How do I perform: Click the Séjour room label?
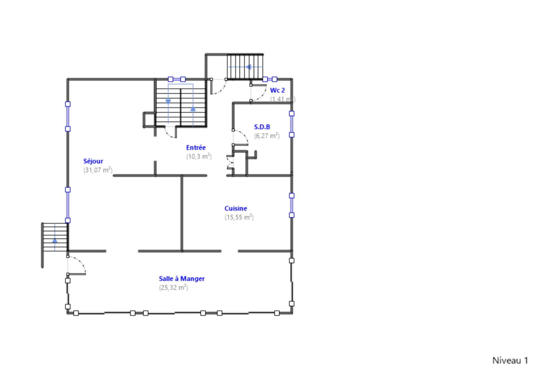93,161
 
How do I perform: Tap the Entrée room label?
196,148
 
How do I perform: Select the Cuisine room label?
236,208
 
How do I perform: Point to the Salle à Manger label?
181,278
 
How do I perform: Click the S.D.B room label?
262,127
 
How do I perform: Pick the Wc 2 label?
277,90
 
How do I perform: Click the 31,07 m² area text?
98,170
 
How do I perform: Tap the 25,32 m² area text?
174,287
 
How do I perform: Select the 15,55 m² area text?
239,217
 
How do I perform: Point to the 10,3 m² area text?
199,157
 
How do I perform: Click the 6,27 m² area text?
267,136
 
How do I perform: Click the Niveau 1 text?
510,360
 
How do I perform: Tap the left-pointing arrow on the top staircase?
248,67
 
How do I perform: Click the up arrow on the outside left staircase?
55,240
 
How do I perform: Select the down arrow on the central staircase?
168,102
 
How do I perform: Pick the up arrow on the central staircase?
193,108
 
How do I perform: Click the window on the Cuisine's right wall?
292,205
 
